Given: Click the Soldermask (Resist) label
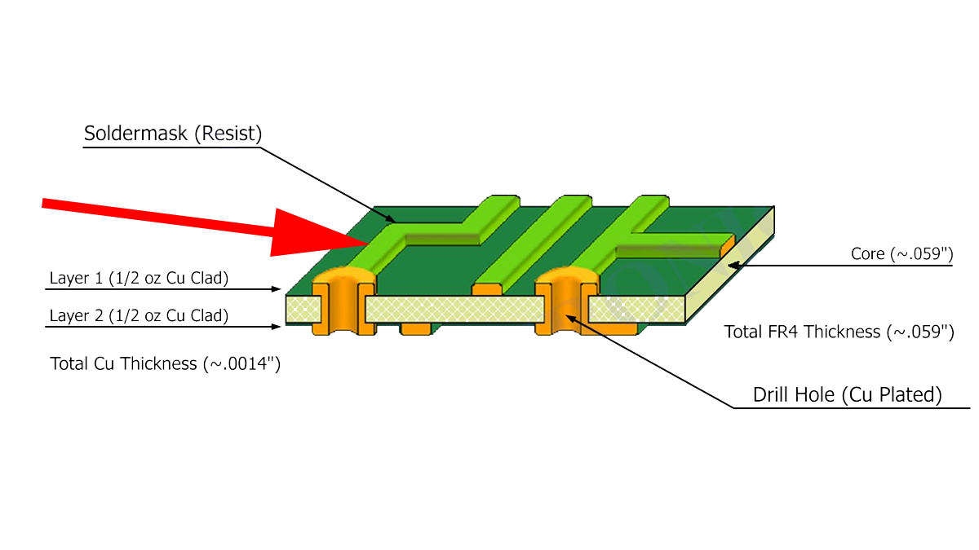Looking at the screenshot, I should pyautogui.click(x=173, y=134).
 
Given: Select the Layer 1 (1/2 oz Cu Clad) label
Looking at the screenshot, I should pyautogui.click(x=139, y=278).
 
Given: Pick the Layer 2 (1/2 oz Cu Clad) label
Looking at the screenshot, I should pyautogui.click(x=139, y=315).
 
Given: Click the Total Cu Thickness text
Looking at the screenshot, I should pyautogui.click(x=166, y=364).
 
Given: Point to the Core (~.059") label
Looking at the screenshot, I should pyautogui.click(x=901, y=254).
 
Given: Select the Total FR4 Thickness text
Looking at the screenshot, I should pyautogui.click(x=839, y=332).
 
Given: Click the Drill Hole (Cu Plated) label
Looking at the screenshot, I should pyautogui.click(x=848, y=395).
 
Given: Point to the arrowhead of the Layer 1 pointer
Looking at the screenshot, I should pyautogui.click(x=277, y=289).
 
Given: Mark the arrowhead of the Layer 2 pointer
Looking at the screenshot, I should pyautogui.click(x=277, y=327).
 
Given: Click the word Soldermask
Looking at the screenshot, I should pyautogui.click(x=137, y=134).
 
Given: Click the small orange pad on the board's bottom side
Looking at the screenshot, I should pyautogui.click(x=415, y=328).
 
